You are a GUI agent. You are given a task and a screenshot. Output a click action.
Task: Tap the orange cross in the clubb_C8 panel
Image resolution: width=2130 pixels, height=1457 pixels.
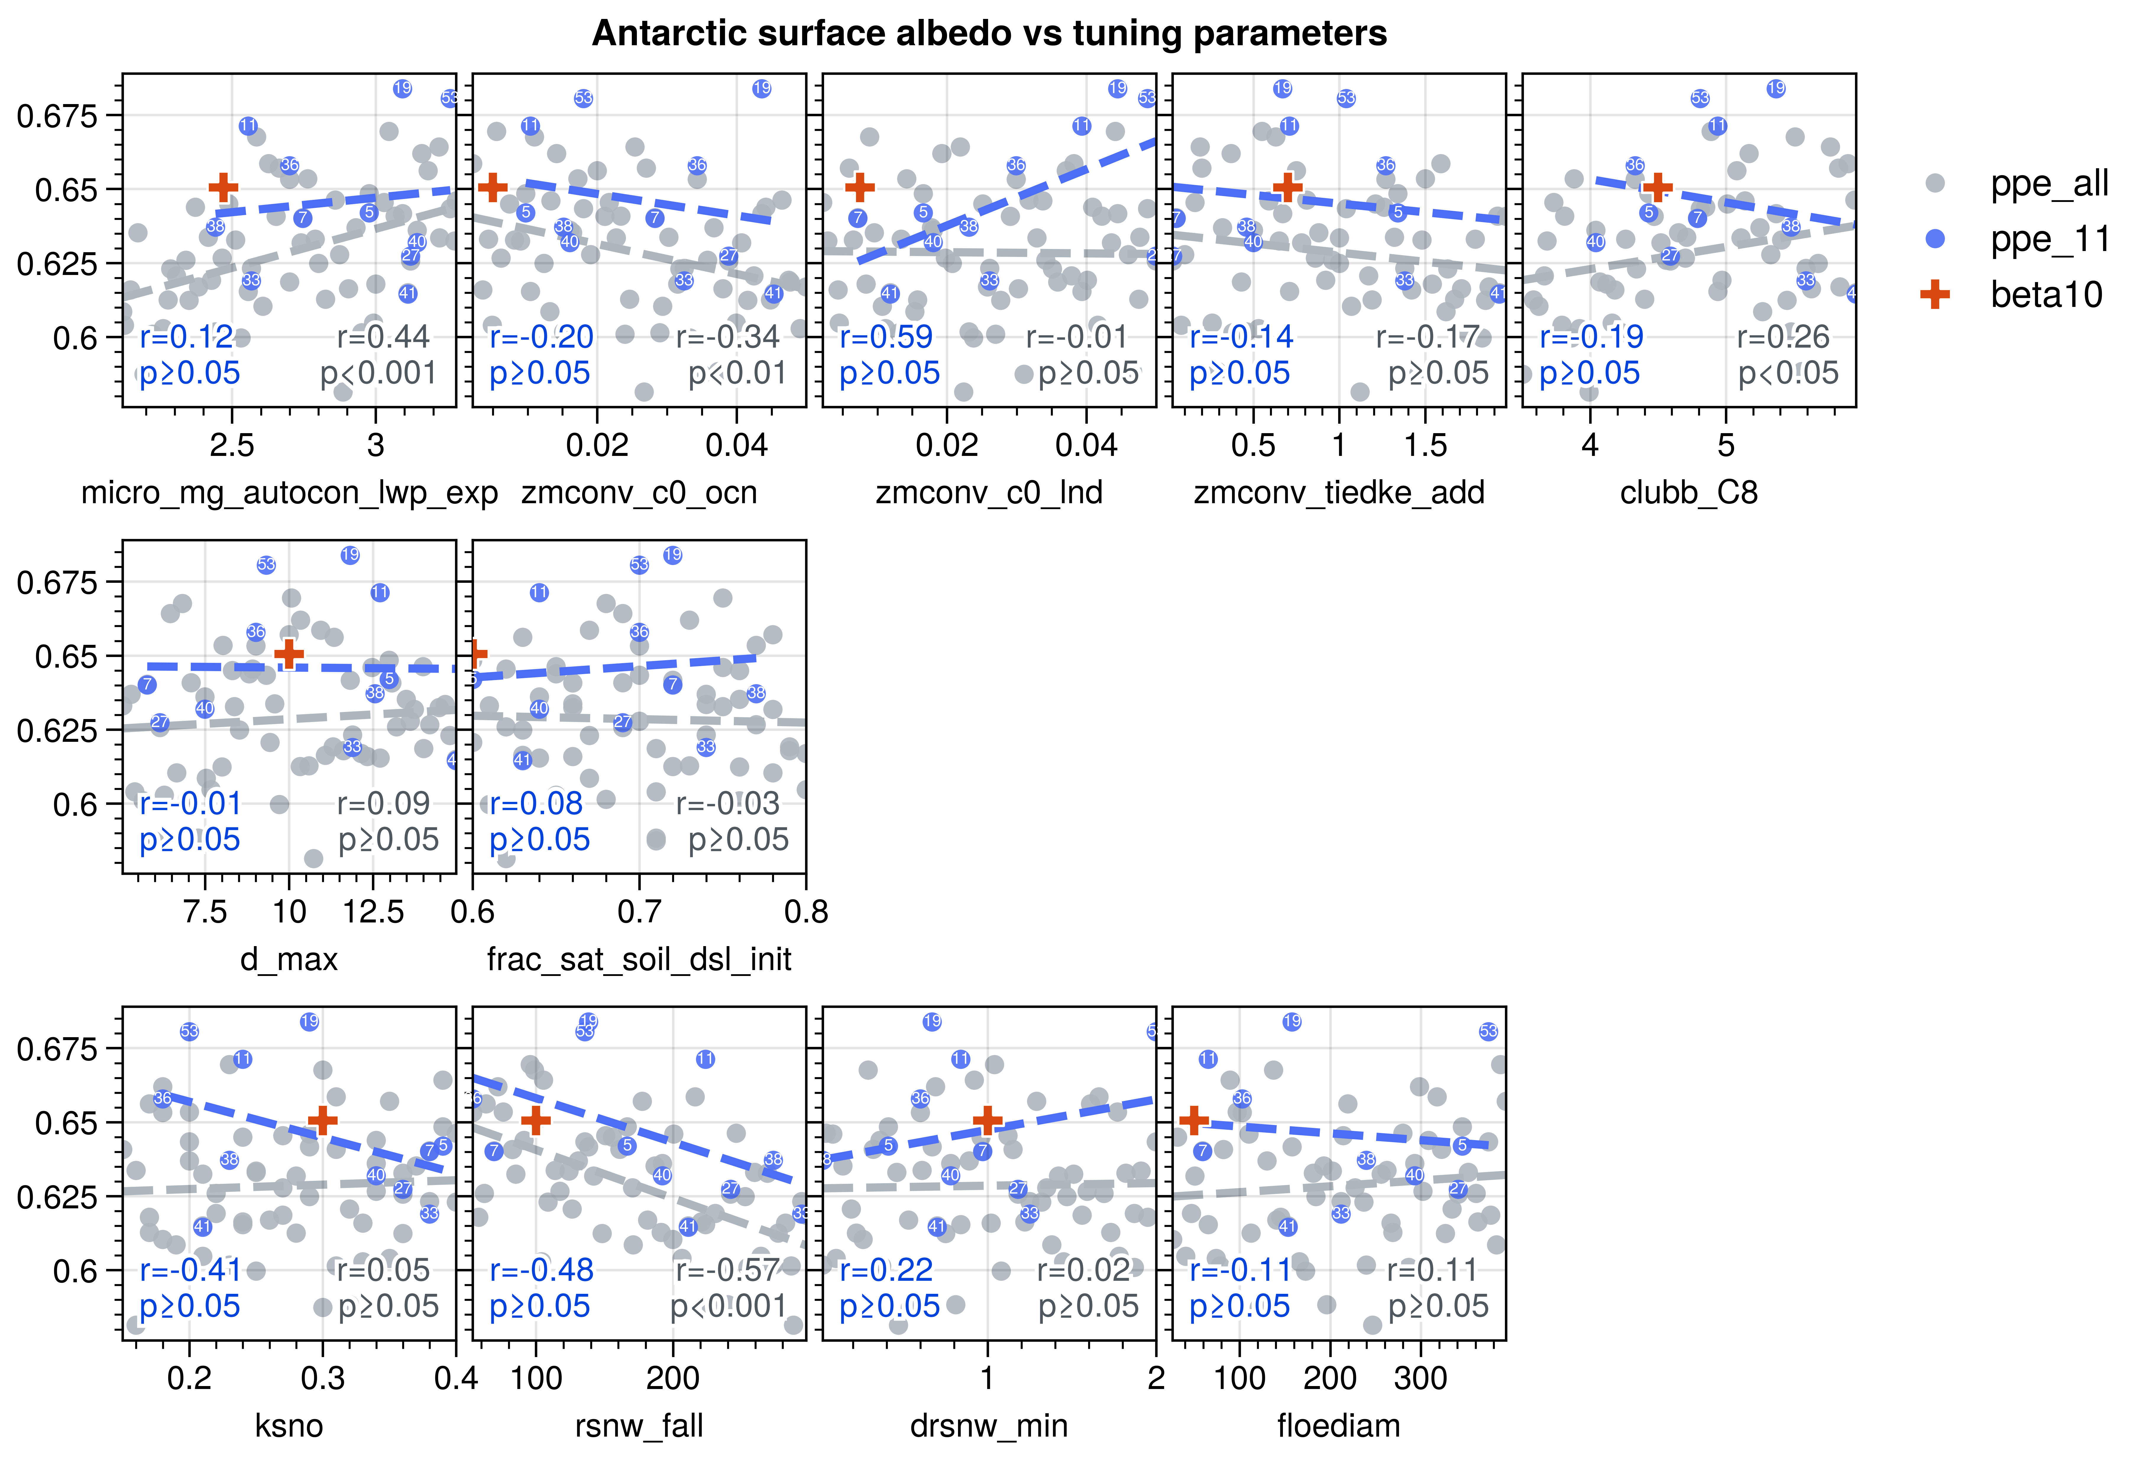tap(1657, 188)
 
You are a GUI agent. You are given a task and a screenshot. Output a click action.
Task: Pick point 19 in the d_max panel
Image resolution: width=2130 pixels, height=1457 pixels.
tap(350, 555)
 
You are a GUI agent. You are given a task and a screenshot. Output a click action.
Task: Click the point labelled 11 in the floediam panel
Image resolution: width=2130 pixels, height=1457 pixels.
tap(1208, 1059)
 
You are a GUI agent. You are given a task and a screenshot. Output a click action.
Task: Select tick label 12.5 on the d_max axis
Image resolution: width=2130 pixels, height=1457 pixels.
tap(373, 912)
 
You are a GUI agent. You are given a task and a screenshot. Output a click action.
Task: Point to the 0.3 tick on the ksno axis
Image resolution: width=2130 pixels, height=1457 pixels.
tap(323, 1378)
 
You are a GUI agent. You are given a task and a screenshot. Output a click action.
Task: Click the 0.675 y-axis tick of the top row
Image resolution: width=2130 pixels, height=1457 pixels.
tap(57, 116)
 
